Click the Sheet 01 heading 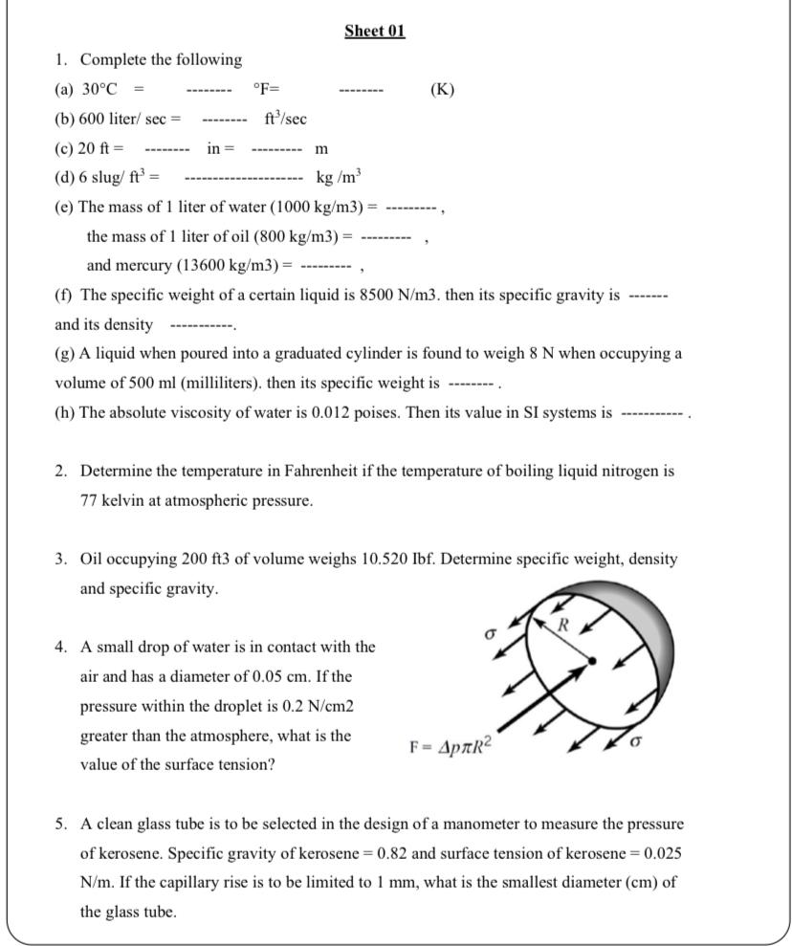pos(375,31)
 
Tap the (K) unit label pos(442,90)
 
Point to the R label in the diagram pos(563,627)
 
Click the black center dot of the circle pos(592,660)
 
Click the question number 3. pos(60,559)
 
